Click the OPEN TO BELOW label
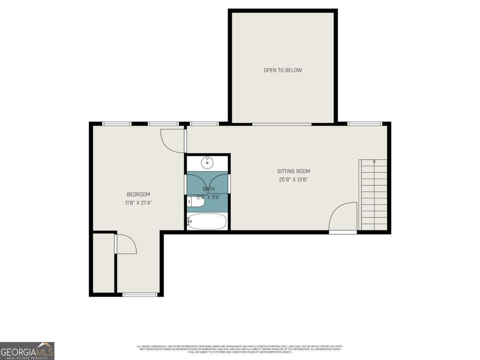coord(282,70)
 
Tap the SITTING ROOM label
coord(294,172)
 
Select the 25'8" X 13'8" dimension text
coord(294,180)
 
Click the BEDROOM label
coord(138,195)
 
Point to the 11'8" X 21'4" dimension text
coord(138,203)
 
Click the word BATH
coord(208,189)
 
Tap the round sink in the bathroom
coord(207,162)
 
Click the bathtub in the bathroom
coord(207,222)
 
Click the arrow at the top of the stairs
coord(374,161)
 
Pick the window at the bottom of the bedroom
coord(140,295)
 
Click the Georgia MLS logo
coord(27,351)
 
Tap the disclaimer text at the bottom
coord(240,349)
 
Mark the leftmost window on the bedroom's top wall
coord(117,124)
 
